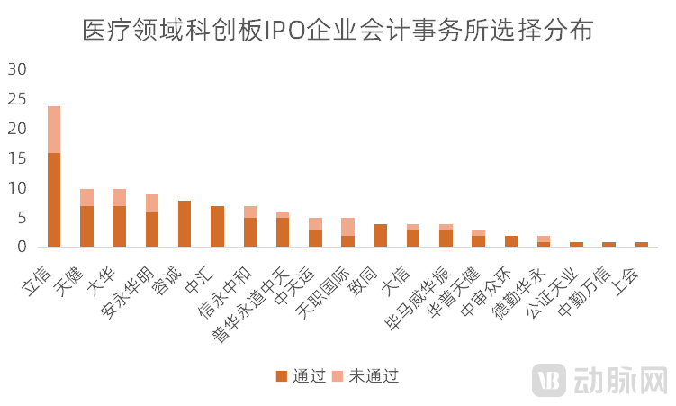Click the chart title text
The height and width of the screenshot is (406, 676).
[338, 30]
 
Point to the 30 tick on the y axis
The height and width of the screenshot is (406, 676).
[18, 69]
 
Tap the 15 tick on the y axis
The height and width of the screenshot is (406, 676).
[18, 158]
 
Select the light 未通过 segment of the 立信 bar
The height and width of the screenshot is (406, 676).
[54, 130]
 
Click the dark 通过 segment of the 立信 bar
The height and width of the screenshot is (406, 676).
[54, 200]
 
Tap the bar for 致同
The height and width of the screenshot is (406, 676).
[381, 236]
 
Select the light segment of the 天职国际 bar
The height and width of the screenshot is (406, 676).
[348, 227]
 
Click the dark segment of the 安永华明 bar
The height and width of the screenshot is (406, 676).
[152, 230]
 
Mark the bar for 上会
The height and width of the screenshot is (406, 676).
[642, 244]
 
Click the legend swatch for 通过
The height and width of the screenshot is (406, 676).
[282, 375]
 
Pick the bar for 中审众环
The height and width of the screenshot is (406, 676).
[511, 241]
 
